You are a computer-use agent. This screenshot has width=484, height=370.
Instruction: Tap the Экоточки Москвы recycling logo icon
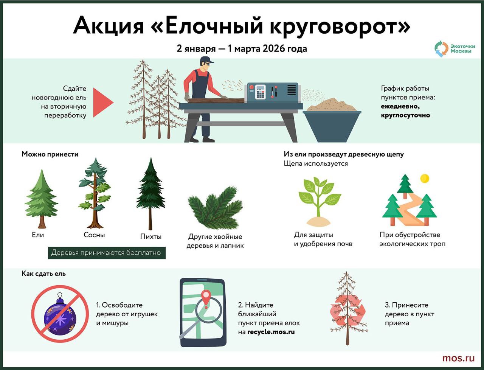(441, 49)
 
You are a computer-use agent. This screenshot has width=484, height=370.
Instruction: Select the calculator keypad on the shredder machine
(260, 92)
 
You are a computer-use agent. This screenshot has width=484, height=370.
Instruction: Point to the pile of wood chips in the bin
(331, 105)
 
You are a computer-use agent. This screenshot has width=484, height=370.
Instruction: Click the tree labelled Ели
(41, 199)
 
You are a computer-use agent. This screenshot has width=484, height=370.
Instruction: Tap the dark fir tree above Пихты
(150, 193)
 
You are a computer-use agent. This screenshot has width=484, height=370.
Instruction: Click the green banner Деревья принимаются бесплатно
(107, 253)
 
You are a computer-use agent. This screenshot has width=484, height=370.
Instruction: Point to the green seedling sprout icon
(319, 201)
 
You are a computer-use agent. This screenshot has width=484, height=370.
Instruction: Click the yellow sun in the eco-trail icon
(425, 178)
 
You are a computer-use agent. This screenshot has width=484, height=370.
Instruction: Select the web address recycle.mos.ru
(271, 332)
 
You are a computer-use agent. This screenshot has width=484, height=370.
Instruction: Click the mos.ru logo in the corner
(458, 358)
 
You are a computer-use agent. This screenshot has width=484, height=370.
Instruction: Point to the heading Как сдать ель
(43, 274)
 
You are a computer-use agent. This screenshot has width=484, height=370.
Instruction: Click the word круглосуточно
(405, 115)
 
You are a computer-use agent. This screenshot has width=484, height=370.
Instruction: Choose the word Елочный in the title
(211, 26)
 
